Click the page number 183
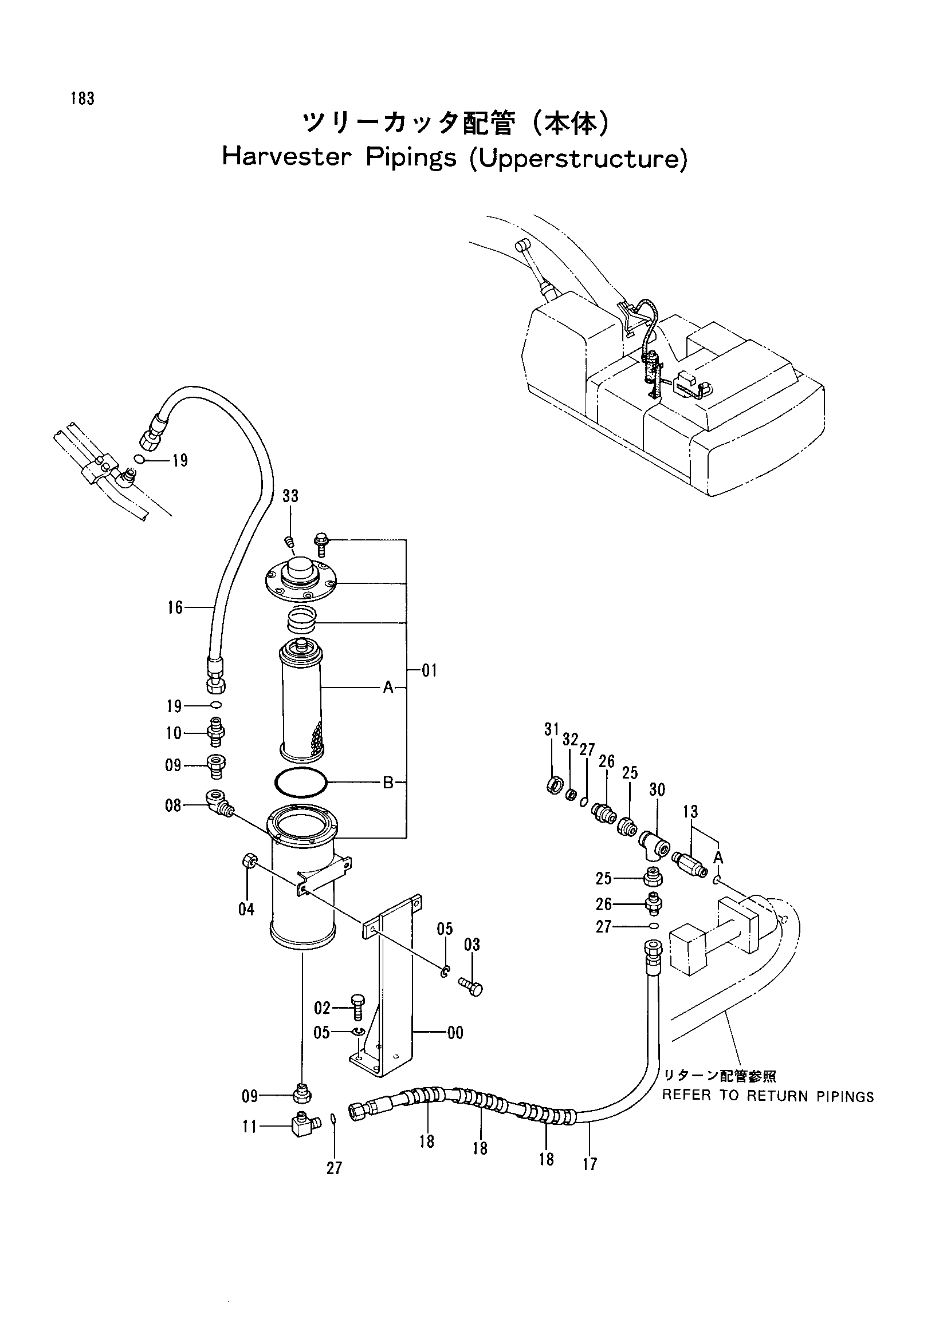coord(82,99)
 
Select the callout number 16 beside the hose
coord(175,608)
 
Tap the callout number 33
coord(290,496)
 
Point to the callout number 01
coord(429,671)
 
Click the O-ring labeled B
coord(301,783)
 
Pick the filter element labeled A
coord(301,700)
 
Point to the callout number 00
coord(455,1033)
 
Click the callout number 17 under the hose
coord(590,1164)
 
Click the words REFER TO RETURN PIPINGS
coord(768,1096)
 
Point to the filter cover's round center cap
coord(301,566)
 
